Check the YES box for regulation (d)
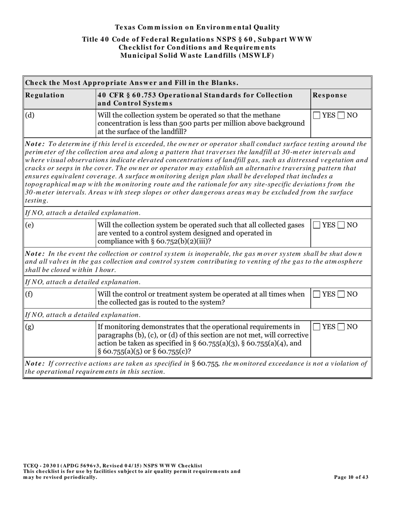coord(317,115)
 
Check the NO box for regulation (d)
coord(341,115)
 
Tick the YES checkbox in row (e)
coord(317,225)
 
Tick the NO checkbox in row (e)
coord(341,225)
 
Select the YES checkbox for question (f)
coord(317,294)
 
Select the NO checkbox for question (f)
coord(341,294)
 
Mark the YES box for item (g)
coord(317,327)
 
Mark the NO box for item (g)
coord(341,327)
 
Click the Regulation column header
coord(45,95)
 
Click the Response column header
coord(330,95)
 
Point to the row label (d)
coord(30,115)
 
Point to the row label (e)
coord(30,225)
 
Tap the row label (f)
coord(30,294)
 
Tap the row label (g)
coord(30,327)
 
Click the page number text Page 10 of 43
coord(351,477)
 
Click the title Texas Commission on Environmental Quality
coord(197,27)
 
